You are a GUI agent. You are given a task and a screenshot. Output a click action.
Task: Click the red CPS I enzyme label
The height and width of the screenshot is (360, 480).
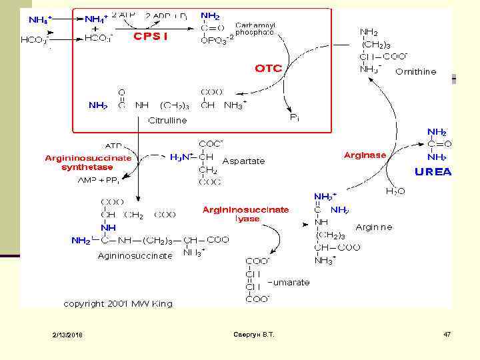pyautogui.click(x=150, y=36)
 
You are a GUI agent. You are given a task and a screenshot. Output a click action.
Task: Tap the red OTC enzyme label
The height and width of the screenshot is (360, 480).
pyautogui.click(x=269, y=68)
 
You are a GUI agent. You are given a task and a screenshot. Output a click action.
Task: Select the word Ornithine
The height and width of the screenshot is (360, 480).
pyautogui.click(x=416, y=71)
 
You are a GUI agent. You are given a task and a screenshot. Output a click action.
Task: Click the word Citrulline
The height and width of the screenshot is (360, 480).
pyautogui.click(x=167, y=121)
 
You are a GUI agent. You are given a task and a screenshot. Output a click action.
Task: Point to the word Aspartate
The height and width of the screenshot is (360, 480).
pyautogui.click(x=243, y=161)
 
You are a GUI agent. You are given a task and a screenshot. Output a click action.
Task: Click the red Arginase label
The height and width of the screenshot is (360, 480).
pyautogui.click(x=365, y=155)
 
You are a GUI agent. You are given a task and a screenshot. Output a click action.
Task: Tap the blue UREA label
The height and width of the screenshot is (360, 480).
pyautogui.click(x=433, y=171)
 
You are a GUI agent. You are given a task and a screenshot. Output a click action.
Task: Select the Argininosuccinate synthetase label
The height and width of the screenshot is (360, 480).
pyautogui.click(x=88, y=163)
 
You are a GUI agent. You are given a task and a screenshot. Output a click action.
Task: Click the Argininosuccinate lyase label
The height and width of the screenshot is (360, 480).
pyautogui.click(x=246, y=214)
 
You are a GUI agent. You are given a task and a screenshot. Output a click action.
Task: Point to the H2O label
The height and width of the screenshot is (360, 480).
pyautogui.click(x=395, y=191)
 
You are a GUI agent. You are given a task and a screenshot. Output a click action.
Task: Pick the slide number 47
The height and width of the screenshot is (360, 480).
pyautogui.click(x=447, y=333)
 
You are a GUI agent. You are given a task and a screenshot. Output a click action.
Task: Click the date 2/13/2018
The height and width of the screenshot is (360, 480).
pyautogui.click(x=68, y=334)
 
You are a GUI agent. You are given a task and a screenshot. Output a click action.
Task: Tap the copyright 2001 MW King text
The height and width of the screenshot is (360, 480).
pyautogui.click(x=117, y=303)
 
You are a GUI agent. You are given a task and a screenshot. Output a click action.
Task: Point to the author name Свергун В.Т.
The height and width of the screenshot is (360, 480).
pyautogui.click(x=255, y=333)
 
